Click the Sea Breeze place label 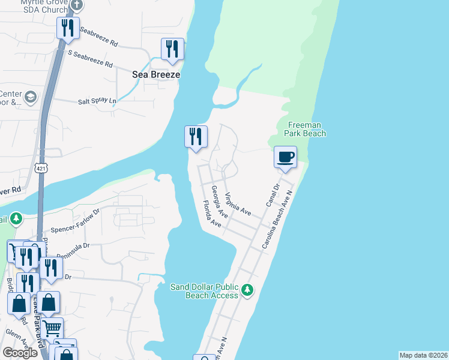coord(156,75)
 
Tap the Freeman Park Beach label coord(306,129)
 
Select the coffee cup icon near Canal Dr coord(285,157)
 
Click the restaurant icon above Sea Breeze coord(172,49)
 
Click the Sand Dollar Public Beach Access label coord(205,291)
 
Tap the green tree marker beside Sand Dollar coord(247,291)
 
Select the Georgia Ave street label coord(219,201)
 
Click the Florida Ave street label coord(211,214)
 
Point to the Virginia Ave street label coord(238,204)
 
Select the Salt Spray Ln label coord(97,102)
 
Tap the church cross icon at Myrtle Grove coord(76,5)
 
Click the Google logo coord(20,353)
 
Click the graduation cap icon coord(30,97)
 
